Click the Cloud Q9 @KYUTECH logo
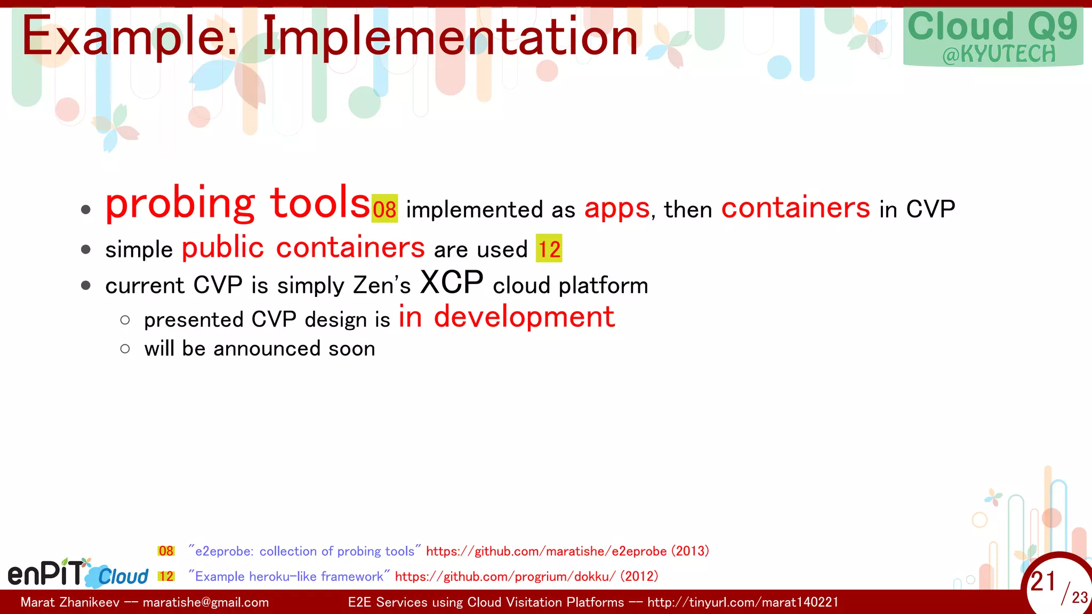tap(993, 37)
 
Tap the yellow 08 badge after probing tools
tap(384, 209)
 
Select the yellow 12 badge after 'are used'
tap(549, 249)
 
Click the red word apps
tap(617, 208)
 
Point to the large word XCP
tap(452, 282)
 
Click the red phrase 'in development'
tap(507, 317)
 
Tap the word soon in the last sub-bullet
tap(352, 349)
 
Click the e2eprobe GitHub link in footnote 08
tap(546, 551)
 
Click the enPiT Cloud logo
tap(78, 573)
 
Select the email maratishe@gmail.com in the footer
tap(206, 602)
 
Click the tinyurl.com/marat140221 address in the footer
tap(742, 602)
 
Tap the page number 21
tap(1043, 581)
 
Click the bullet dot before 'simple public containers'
tap(86, 249)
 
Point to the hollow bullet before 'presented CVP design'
tap(125, 320)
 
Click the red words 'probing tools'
tap(237, 204)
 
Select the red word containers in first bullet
tap(795, 208)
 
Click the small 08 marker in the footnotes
tap(166, 551)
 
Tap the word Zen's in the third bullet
tap(382, 285)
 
